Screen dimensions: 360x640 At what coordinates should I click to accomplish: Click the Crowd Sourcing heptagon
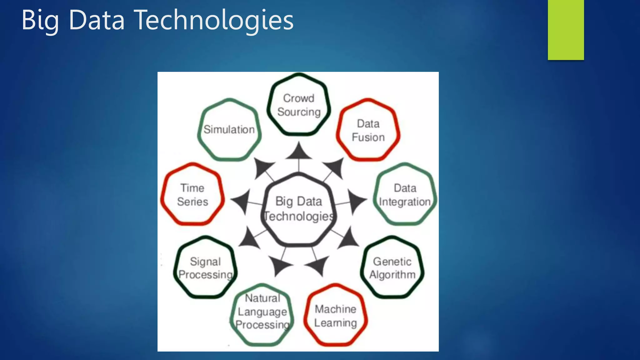point(299,105)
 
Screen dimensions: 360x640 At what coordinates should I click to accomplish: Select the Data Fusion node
point(368,130)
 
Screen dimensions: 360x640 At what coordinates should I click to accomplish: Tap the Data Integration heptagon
point(405,195)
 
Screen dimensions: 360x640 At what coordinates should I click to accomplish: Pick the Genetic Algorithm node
point(392,268)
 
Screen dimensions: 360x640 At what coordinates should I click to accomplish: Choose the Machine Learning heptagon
point(335,316)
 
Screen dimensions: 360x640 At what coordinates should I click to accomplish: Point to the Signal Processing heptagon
point(205,268)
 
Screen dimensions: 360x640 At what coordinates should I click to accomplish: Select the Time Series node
point(192,195)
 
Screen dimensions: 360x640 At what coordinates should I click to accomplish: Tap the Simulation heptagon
point(229,130)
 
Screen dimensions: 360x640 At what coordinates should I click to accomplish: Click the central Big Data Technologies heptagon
point(299,209)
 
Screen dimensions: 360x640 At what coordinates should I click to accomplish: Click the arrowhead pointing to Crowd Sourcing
point(299,152)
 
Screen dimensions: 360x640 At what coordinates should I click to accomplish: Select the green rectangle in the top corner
point(566,30)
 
